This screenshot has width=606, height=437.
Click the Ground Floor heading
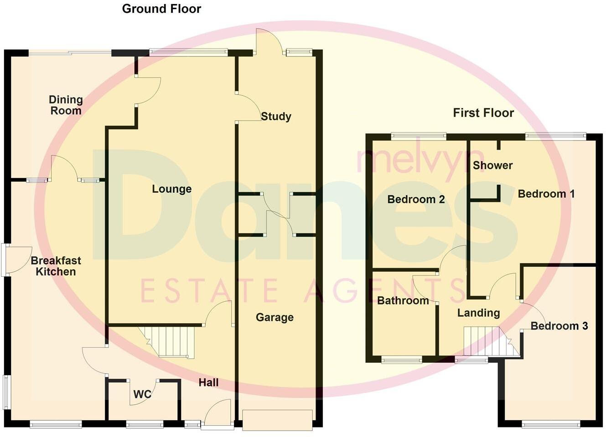(x=161, y=9)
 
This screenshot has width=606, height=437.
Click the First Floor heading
(x=483, y=113)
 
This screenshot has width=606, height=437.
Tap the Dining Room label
(x=66, y=105)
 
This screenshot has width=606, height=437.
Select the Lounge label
(x=171, y=189)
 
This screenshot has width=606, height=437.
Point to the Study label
(x=276, y=117)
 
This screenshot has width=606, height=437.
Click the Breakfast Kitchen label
(x=56, y=266)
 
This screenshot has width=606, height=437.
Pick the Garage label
(x=275, y=317)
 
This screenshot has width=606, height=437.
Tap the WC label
(x=142, y=394)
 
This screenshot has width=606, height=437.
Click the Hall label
(x=208, y=383)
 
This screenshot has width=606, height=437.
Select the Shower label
(x=492, y=165)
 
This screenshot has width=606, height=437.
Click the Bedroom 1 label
(x=546, y=194)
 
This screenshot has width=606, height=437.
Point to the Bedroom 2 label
(x=416, y=199)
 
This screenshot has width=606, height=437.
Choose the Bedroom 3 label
(x=559, y=326)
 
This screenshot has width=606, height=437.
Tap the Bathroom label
(x=403, y=300)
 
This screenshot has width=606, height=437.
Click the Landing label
(x=478, y=313)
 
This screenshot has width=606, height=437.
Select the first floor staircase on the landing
(x=488, y=341)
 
